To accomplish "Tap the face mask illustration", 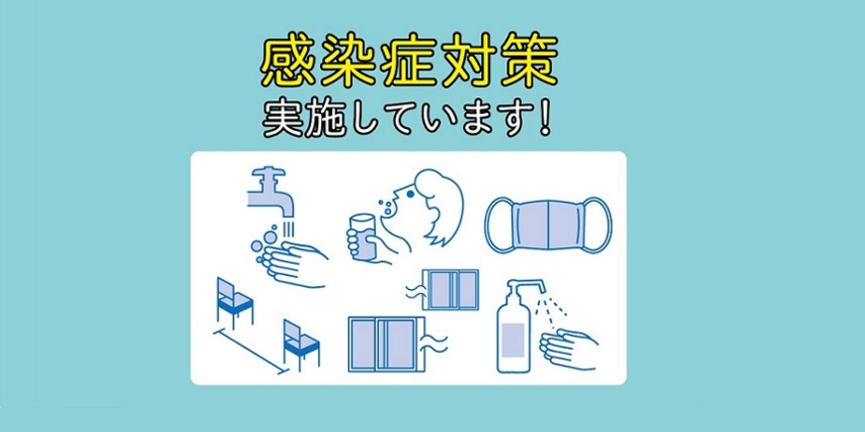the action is click(549, 224).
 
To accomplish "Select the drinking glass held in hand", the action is click(363, 237).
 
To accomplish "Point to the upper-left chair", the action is click(234, 302).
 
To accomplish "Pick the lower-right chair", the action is click(300, 344).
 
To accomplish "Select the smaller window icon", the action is click(450, 289).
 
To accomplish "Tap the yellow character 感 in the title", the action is click(288, 62).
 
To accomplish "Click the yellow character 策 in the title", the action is click(528, 62).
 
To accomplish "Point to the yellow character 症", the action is click(409, 62).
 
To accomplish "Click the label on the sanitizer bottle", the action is click(513, 340).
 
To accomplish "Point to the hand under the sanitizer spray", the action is click(570, 349).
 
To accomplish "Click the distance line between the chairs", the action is click(251, 353).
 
